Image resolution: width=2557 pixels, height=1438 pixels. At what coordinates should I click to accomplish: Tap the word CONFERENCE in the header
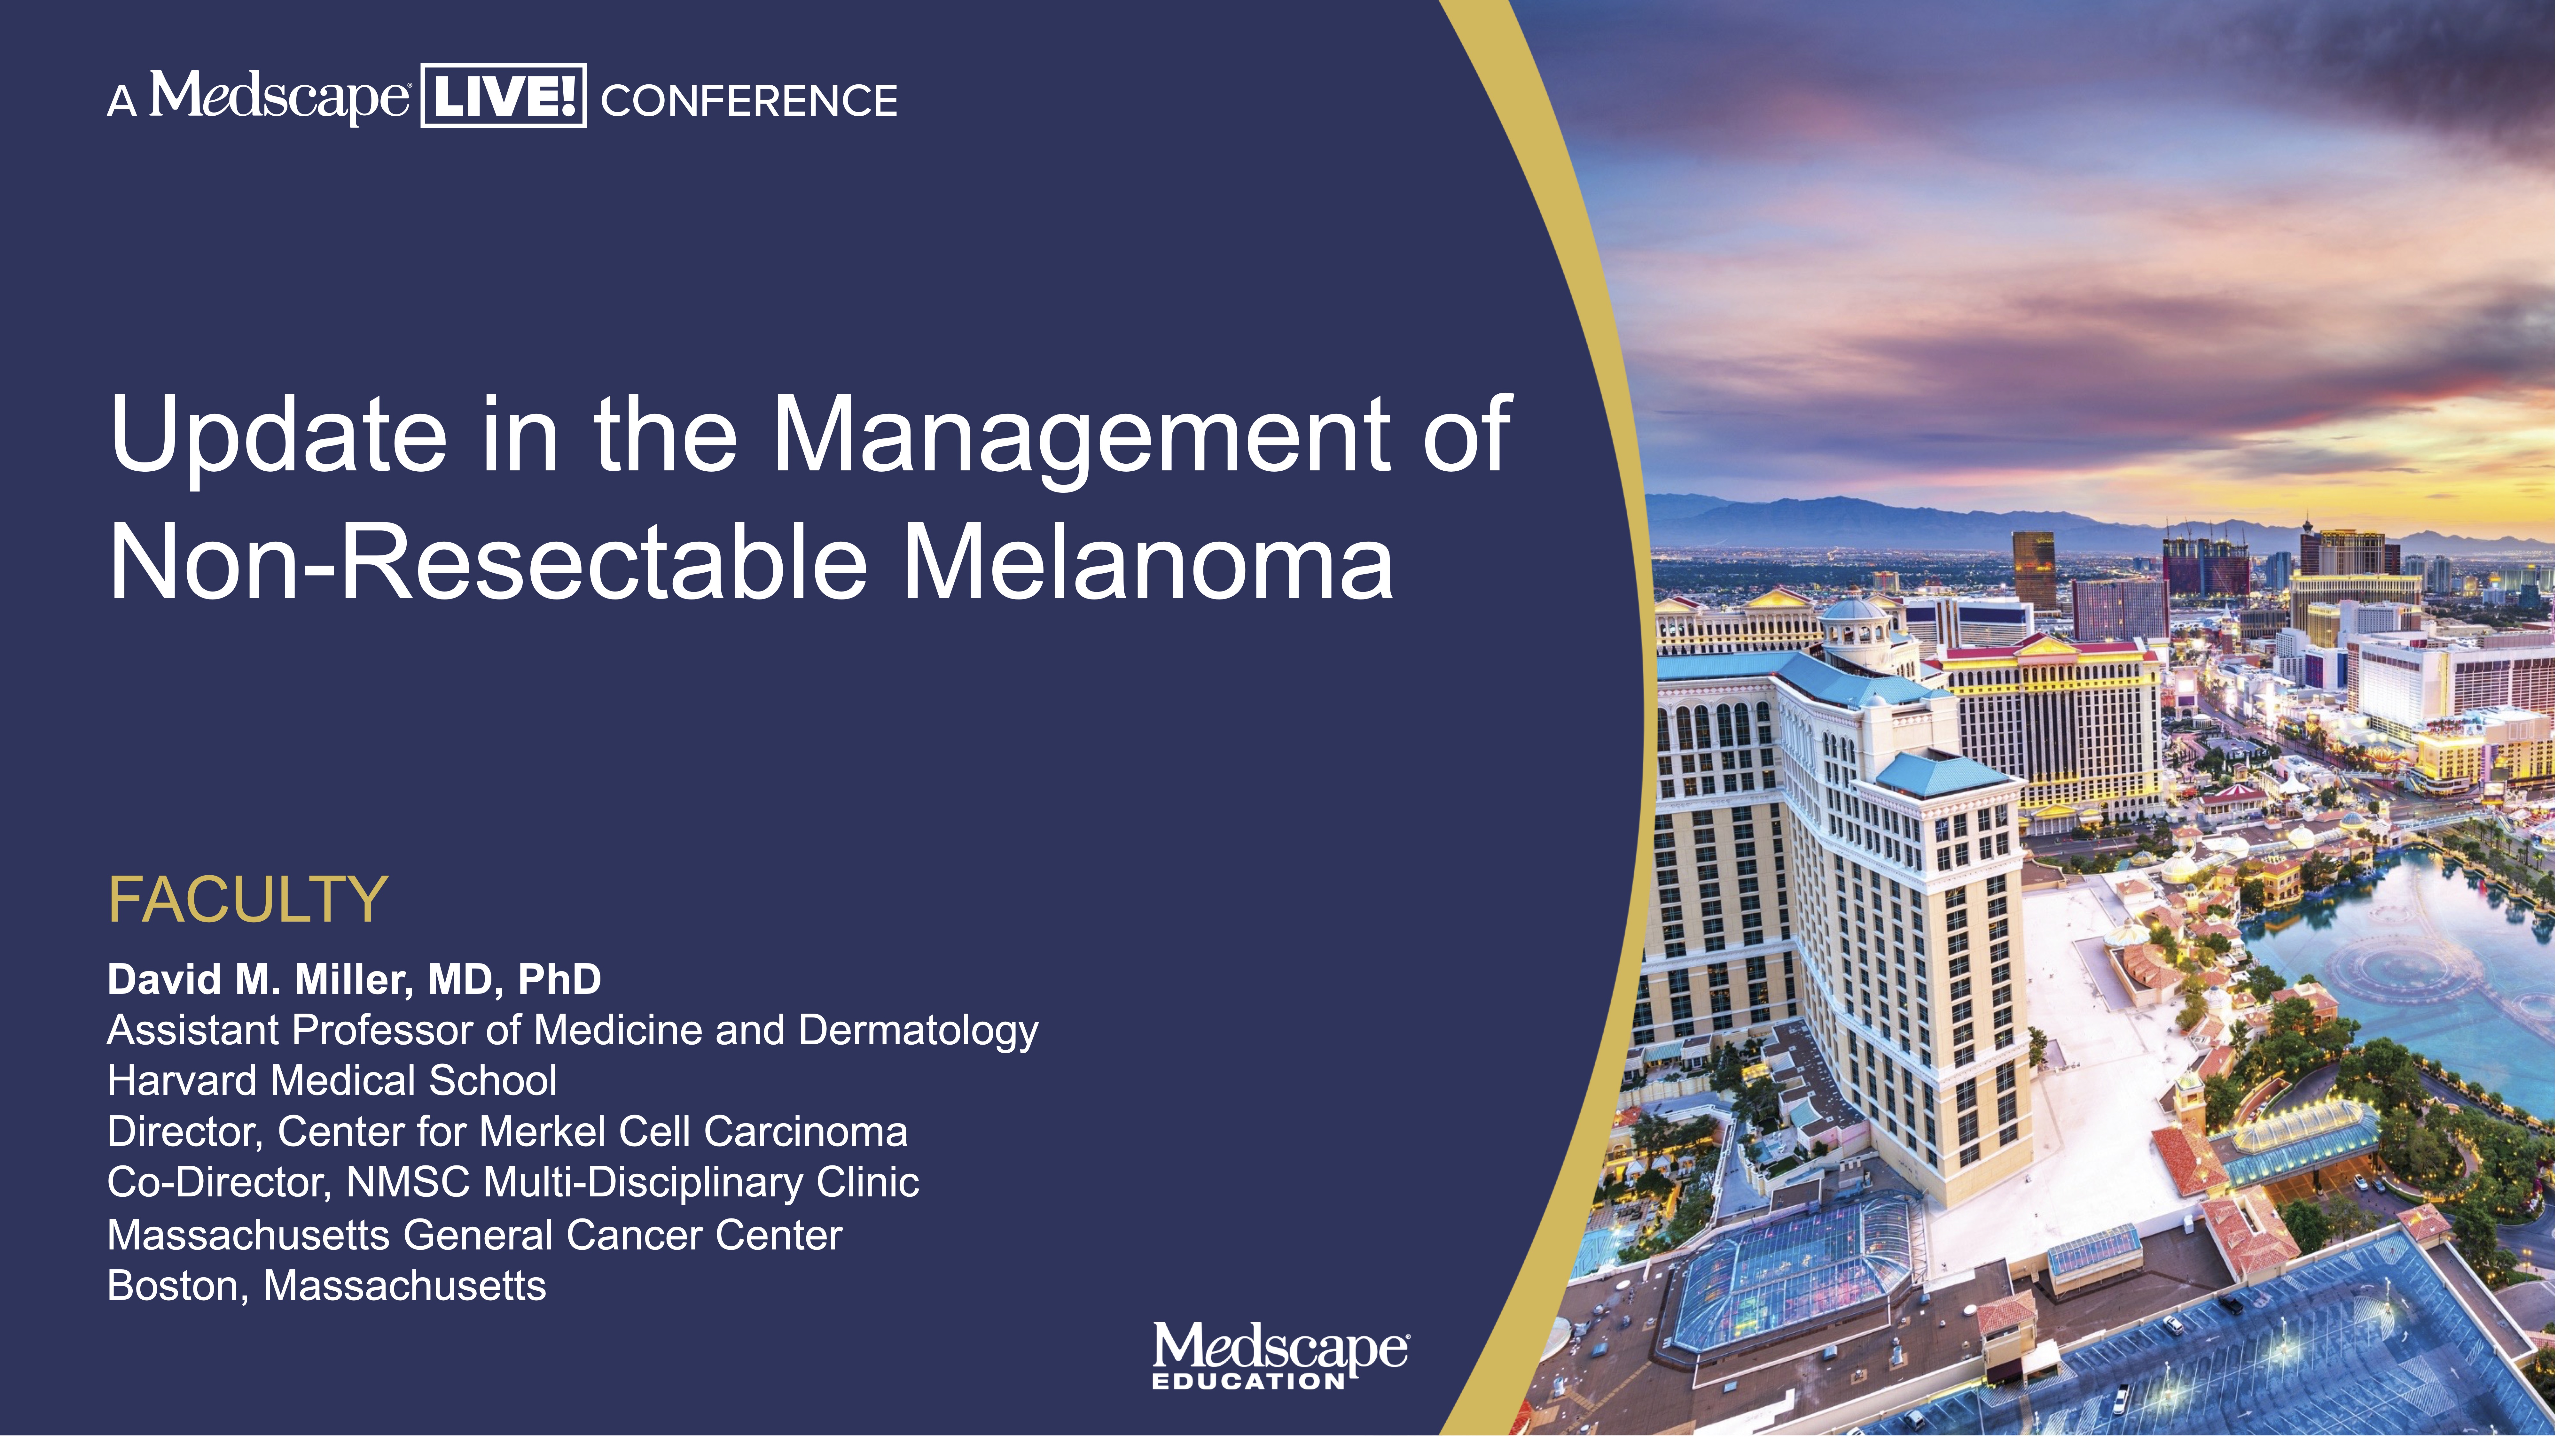tap(749, 100)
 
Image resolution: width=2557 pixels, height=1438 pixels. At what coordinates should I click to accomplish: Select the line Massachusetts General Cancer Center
tap(474, 1234)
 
